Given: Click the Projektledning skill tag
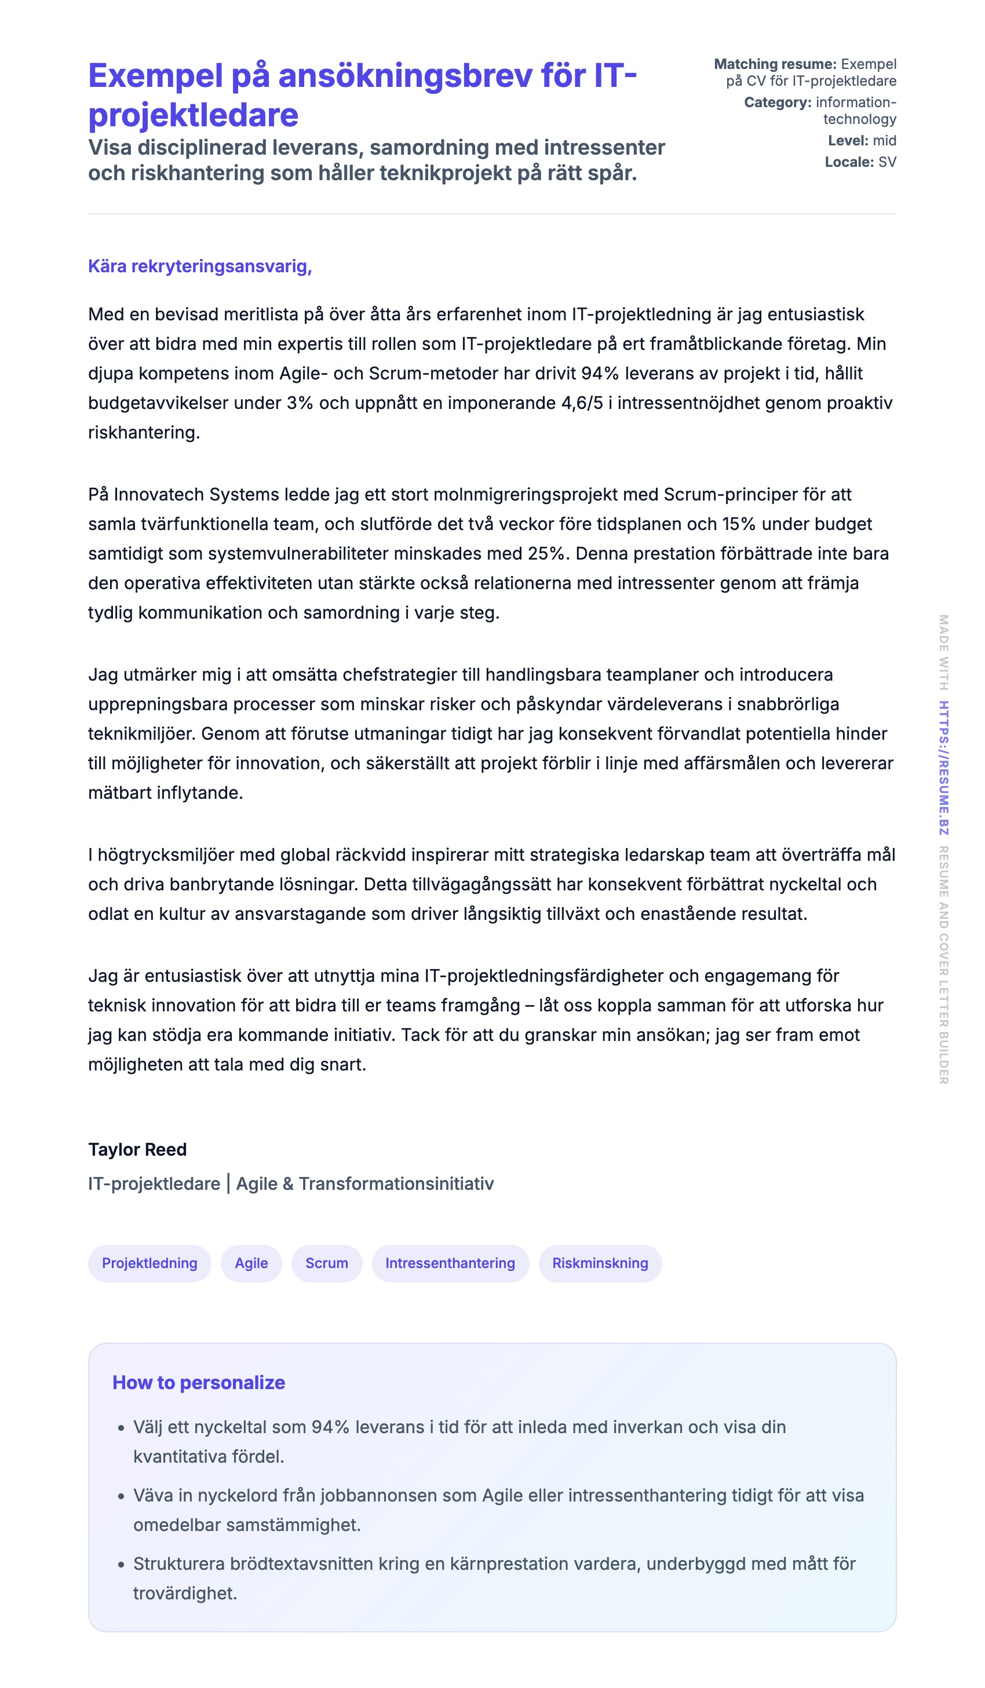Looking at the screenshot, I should tap(149, 1263).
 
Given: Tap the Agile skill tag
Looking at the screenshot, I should tap(251, 1263).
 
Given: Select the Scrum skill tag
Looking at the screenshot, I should tap(326, 1263).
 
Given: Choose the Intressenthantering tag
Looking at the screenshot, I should tap(450, 1263).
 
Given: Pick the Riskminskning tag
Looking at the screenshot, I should tap(600, 1263).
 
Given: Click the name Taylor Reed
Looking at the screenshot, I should tap(137, 1149).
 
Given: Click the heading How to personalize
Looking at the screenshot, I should tap(198, 1383).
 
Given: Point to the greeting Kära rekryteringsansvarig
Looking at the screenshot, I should tap(200, 266).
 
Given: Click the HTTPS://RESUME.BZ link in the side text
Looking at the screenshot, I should tap(943, 768).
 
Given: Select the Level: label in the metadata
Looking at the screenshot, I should tap(848, 141).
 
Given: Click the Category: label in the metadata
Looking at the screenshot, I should tap(777, 103).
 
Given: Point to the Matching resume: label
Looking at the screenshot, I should tap(775, 64).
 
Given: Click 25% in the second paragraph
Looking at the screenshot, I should tap(548, 554).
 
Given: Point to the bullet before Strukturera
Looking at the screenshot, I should tap(121, 1565).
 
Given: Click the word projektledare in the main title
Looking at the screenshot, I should tap(193, 115).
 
